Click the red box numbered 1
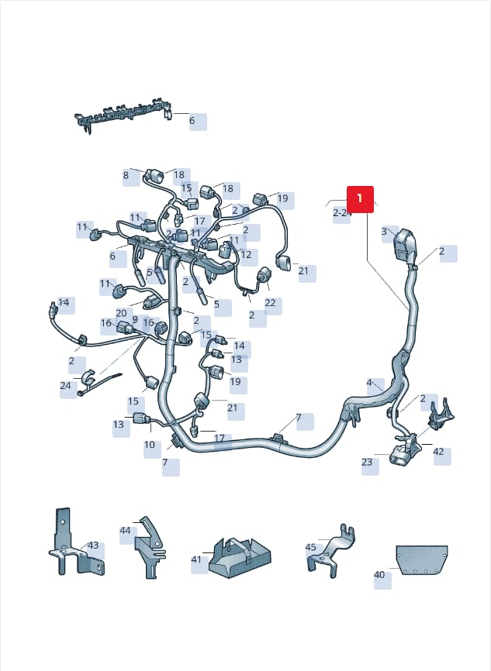pyautogui.click(x=360, y=199)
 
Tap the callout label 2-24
pyautogui.click(x=342, y=212)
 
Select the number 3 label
pyautogui.click(x=384, y=232)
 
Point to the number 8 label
pyautogui.click(x=126, y=175)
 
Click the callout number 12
pyautogui.click(x=247, y=255)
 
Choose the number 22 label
pyautogui.click(x=271, y=303)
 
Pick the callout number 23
pyautogui.click(x=367, y=462)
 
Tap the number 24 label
pyautogui.click(x=66, y=386)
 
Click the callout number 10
pyautogui.click(x=150, y=445)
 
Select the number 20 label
pyautogui.click(x=121, y=314)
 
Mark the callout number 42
pyautogui.click(x=439, y=452)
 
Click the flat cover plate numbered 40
pyautogui.click(x=422, y=559)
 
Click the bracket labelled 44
pyautogui.click(x=150, y=548)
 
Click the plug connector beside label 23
pyautogui.click(x=400, y=457)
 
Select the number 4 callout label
pyautogui.click(x=369, y=383)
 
